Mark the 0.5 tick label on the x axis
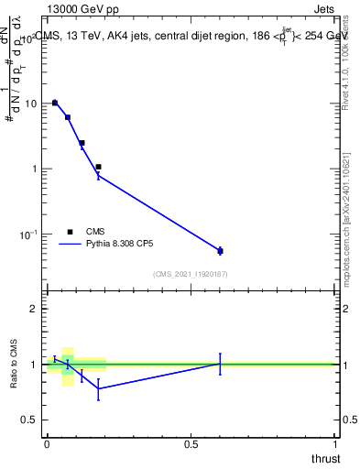[x=191, y=444]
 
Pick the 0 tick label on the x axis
[x=47, y=444]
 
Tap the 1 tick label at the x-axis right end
[x=336, y=444]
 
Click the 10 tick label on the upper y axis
[x=32, y=104]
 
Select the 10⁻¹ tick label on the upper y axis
[x=30, y=234]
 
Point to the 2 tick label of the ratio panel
[x=34, y=310]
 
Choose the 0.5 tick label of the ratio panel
[x=30, y=420]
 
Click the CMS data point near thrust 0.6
[x=220, y=250]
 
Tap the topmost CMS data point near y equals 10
[x=55, y=103]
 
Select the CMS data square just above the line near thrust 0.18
[x=98, y=167]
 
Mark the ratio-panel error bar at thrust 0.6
[x=220, y=364]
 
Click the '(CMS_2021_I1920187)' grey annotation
[x=191, y=274]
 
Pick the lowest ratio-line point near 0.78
[x=98, y=388]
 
